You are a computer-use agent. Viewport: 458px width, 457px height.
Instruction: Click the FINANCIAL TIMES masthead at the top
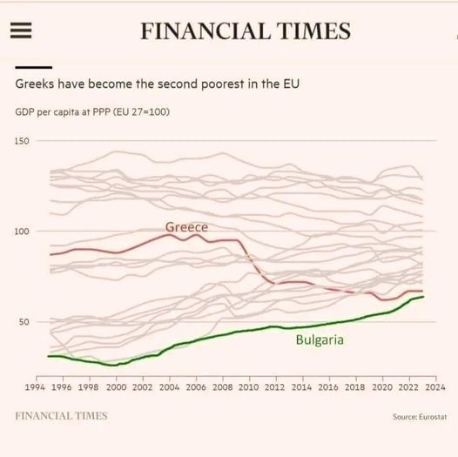(246, 31)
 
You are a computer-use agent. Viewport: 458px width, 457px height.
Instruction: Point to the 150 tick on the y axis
(22, 141)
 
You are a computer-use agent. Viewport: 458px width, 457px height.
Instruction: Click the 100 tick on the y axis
(22, 232)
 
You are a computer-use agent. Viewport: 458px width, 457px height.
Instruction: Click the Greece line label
(186, 227)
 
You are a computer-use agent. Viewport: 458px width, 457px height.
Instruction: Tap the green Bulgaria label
(320, 339)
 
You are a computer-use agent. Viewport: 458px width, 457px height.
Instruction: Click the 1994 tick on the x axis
(36, 386)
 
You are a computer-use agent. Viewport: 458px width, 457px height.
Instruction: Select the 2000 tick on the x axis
(116, 386)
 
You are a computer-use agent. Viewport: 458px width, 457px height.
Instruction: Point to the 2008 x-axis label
(222, 386)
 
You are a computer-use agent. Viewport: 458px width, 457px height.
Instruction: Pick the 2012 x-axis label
(275, 386)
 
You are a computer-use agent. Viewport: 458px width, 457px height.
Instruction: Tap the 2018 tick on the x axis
(355, 386)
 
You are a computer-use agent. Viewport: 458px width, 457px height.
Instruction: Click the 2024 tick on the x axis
(435, 386)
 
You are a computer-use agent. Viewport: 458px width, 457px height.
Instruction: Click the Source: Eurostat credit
(418, 417)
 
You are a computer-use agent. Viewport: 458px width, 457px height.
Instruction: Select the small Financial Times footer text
(61, 416)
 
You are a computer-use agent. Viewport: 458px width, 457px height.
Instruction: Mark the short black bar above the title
(34, 67)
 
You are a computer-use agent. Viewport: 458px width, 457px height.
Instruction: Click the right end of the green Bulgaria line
(423, 297)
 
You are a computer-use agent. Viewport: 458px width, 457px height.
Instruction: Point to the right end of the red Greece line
(423, 292)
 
